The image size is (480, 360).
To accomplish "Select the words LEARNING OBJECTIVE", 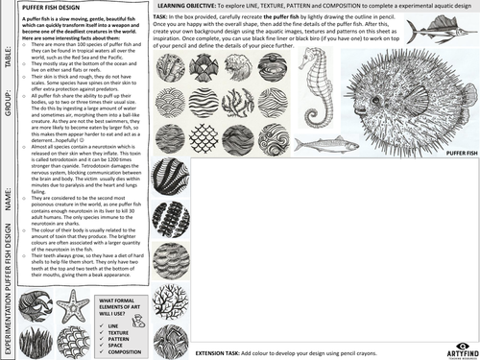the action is coord(189,7).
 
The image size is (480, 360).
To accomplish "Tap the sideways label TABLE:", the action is coord(8,60).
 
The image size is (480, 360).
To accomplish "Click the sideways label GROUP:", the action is coord(8,106).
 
